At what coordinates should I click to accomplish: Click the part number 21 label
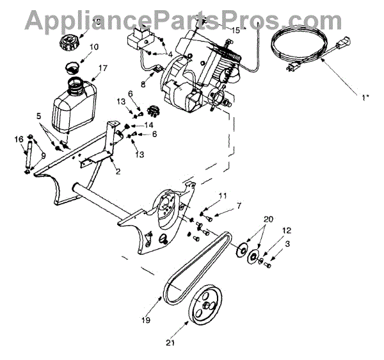pyautogui.click(x=170, y=343)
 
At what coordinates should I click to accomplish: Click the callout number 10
pyautogui.click(x=94, y=47)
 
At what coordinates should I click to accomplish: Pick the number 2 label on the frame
pyautogui.click(x=118, y=171)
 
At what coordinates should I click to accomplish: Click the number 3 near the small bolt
pyautogui.click(x=287, y=243)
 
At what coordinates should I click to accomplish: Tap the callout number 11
pyautogui.click(x=223, y=195)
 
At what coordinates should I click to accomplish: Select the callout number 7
pyautogui.click(x=239, y=206)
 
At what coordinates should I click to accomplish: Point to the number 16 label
pyautogui.click(x=19, y=139)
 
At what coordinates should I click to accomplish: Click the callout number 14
pyautogui.click(x=148, y=124)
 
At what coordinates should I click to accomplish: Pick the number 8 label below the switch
pyautogui.click(x=143, y=84)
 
